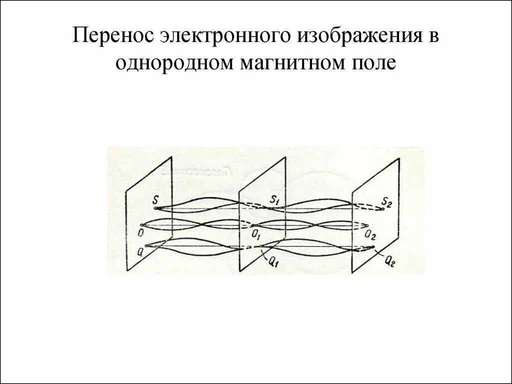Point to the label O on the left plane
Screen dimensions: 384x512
tap(142, 233)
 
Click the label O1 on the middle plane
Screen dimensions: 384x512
tap(255, 233)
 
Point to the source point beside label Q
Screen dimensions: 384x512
tap(146, 245)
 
